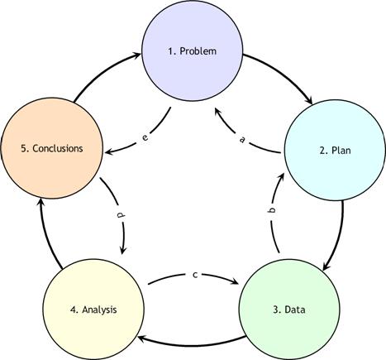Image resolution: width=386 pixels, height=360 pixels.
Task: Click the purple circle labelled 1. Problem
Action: point(193,50)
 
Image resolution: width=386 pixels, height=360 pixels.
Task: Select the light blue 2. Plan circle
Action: point(335,150)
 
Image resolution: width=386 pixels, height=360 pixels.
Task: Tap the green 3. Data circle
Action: point(289,310)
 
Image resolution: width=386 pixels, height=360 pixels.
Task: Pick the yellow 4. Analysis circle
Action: point(93,310)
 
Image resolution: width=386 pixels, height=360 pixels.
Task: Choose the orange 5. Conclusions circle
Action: point(52,148)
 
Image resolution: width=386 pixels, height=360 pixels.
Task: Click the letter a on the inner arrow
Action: point(242,139)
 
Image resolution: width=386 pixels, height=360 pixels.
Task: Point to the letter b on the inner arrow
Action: point(272,210)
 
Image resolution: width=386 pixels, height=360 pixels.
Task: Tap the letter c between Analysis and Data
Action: point(195,275)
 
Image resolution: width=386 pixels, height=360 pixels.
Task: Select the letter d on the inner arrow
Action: point(121,215)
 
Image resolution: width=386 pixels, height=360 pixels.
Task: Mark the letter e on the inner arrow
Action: point(145,137)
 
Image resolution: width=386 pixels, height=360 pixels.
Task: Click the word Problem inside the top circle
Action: point(198,51)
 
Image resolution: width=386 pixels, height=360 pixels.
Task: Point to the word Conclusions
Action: point(58,148)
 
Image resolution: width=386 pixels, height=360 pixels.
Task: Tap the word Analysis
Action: point(99,310)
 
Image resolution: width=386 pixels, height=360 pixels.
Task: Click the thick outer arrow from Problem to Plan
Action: point(284,72)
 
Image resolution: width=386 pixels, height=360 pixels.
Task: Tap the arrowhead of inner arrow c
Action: point(235,281)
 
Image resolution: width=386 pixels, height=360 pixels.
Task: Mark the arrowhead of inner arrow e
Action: point(109,151)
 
